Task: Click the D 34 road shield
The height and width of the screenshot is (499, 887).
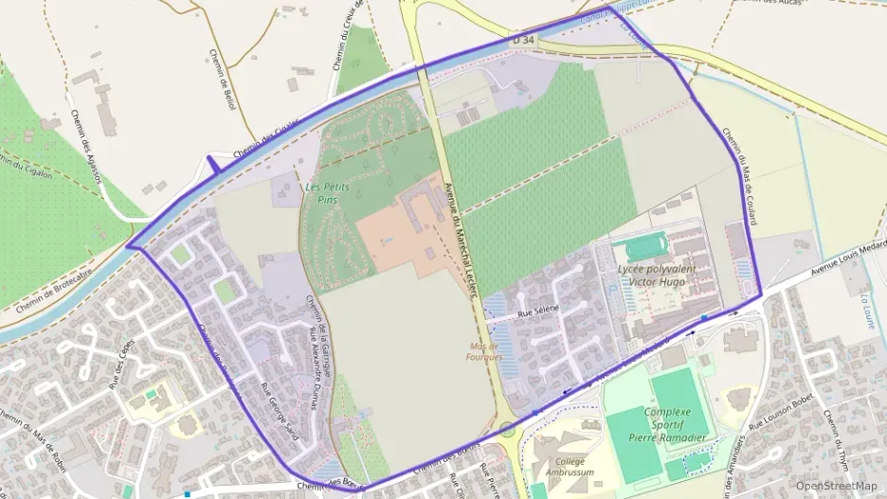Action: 522,40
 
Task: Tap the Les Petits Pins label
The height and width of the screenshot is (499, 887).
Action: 327,194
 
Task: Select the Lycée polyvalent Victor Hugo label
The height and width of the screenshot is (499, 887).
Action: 656,275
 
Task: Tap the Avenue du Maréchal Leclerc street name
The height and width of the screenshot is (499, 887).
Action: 460,238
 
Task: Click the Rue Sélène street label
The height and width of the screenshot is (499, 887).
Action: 538,310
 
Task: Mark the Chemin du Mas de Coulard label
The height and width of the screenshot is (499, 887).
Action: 739,176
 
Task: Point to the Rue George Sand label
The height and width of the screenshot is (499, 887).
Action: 279,410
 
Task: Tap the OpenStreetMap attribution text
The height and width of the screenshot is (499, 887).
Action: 836,486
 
